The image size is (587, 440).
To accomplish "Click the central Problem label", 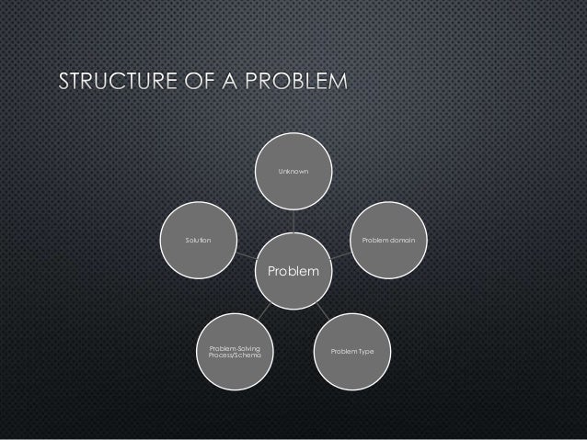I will [293, 272].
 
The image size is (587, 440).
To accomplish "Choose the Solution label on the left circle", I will [198, 239].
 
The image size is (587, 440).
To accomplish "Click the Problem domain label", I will [388, 239].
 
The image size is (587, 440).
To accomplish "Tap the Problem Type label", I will [354, 353].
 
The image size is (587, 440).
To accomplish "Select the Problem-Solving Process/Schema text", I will [235, 353].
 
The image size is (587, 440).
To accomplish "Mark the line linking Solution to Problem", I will [246, 252].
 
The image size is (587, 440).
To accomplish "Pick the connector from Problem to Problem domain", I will [342, 252].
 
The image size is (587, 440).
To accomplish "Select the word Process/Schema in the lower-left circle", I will [235, 356].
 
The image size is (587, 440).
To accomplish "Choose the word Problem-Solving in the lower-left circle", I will [235, 348].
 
